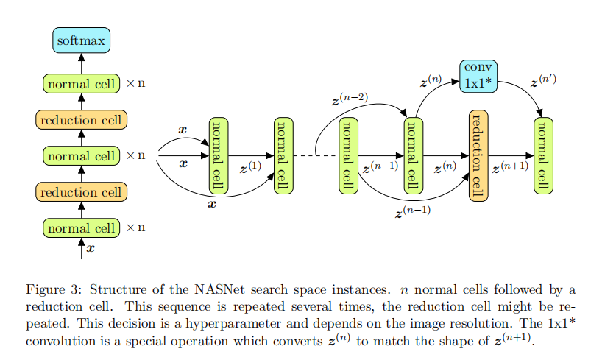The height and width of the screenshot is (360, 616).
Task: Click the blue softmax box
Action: pos(81,40)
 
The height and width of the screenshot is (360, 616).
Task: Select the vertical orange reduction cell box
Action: pos(478,155)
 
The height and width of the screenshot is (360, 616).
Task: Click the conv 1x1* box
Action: pos(478,75)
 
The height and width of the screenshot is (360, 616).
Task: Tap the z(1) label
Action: pos(251,168)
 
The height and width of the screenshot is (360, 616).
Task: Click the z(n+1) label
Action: pos(510,168)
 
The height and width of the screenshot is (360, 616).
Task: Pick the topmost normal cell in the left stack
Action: pos(81,84)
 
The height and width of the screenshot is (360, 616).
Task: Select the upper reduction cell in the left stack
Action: pos(81,120)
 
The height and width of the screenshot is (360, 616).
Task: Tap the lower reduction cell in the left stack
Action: pos(81,192)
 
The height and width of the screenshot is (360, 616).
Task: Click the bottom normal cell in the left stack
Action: pos(81,228)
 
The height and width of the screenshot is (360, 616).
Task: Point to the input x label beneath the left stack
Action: pos(91,249)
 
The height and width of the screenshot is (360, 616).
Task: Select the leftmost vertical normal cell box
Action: pos(219,155)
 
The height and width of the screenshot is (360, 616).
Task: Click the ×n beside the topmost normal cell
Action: pos(135,84)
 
